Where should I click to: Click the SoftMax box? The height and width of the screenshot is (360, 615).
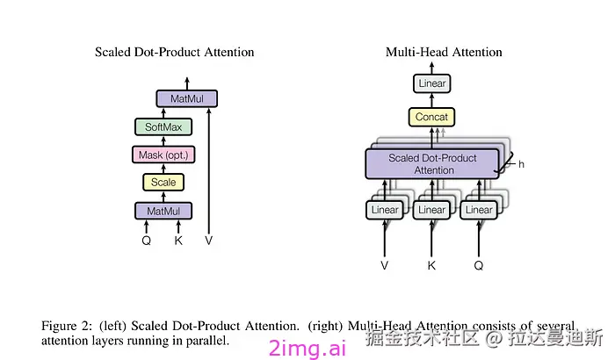tap(163, 126)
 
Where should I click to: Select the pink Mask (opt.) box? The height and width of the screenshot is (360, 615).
tap(163, 155)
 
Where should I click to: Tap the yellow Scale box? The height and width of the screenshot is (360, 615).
tap(163, 183)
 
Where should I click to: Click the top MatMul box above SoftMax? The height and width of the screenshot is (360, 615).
tap(186, 98)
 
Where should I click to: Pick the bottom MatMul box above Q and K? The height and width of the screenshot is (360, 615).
tap(163, 211)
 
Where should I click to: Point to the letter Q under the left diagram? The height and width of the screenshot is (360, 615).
tap(147, 241)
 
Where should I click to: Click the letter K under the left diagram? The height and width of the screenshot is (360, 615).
tap(178, 241)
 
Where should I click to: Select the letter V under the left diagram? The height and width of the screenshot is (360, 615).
tap(209, 241)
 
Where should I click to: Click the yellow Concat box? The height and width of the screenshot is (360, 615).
tap(431, 117)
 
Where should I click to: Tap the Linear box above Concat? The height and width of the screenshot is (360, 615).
tap(432, 83)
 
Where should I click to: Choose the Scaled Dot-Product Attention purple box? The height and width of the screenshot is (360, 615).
tap(432, 164)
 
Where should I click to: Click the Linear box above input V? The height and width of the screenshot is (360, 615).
tap(385, 210)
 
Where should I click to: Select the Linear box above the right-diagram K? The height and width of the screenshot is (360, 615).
tap(431, 210)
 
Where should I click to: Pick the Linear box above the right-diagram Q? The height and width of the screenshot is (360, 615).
tap(479, 210)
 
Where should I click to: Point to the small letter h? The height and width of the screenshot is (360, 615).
tap(521, 164)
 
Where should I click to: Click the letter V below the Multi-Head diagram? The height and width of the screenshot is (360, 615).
tap(385, 265)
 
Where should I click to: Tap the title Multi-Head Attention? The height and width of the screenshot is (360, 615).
tap(444, 52)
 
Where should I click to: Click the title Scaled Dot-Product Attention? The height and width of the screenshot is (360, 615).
tap(175, 52)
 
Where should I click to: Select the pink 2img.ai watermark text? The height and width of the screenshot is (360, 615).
tap(307, 348)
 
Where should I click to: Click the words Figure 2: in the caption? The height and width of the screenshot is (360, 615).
tap(67, 326)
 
